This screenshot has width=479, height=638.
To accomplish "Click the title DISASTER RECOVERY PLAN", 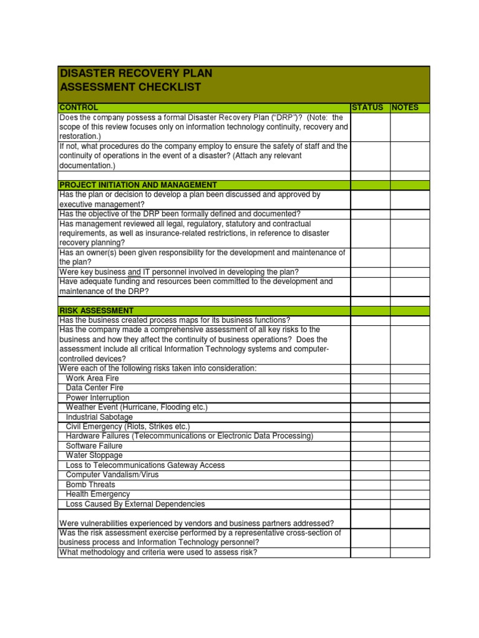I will (x=136, y=74).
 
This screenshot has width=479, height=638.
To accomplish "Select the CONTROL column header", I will (x=79, y=108).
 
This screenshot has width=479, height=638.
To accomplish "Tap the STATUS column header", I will (x=367, y=108).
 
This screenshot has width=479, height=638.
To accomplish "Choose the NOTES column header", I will (x=405, y=108).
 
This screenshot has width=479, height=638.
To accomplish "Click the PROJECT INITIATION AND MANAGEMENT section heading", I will (x=138, y=185).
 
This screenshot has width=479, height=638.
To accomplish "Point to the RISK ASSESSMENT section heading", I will (x=96, y=310).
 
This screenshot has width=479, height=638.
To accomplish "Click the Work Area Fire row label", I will (x=92, y=378).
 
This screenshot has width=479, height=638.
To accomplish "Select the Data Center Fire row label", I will (x=94, y=388).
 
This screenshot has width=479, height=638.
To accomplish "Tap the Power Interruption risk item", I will (x=97, y=398).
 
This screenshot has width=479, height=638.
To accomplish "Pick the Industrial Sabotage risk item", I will (x=99, y=417).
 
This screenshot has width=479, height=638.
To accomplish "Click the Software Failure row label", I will (x=94, y=446).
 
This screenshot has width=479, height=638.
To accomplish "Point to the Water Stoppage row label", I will (x=94, y=455).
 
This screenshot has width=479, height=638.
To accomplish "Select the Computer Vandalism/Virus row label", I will (x=112, y=475).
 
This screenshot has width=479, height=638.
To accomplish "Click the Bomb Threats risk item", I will (x=90, y=484).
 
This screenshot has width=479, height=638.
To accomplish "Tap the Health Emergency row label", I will (x=98, y=494).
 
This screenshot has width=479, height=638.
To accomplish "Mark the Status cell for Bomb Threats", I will (x=370, y=484).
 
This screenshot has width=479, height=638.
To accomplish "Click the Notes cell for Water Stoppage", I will (x=410, y=455).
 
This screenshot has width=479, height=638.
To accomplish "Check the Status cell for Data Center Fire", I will (x=370, y=388).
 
